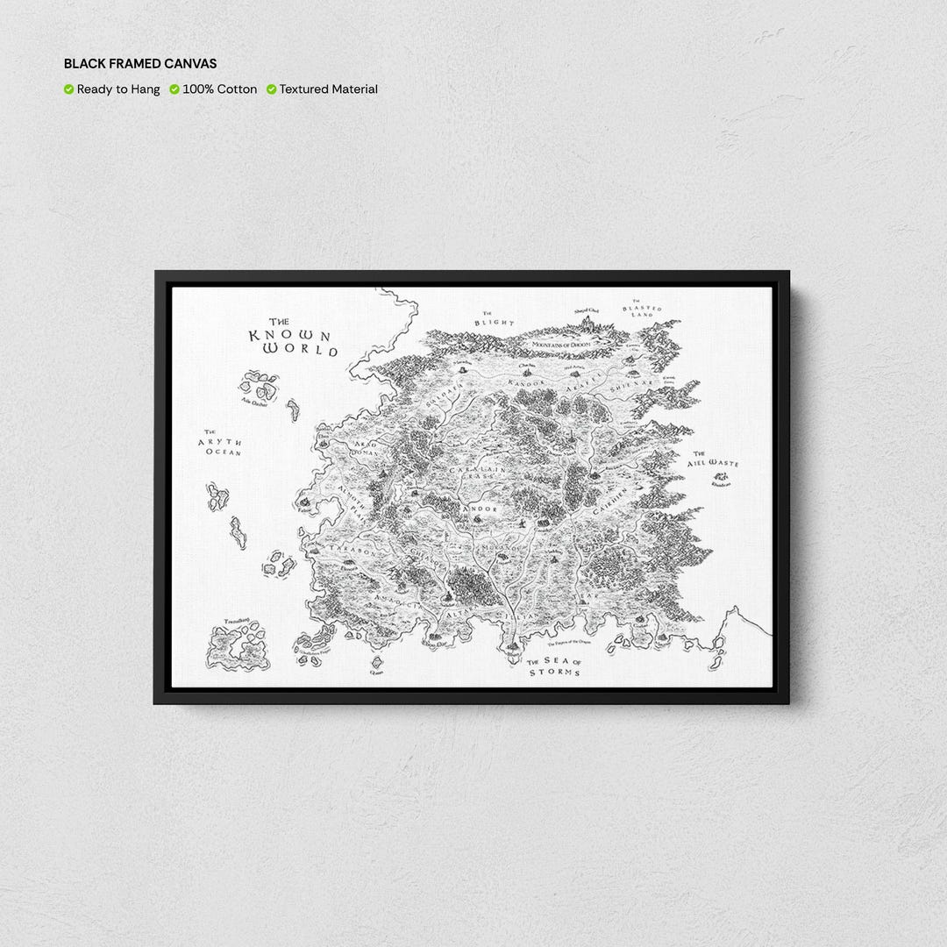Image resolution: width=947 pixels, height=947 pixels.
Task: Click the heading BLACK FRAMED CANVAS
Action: click(140, 64)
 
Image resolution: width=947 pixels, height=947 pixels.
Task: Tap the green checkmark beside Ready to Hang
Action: click(68, 89)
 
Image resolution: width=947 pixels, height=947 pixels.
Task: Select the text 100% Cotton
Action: click(220, 89)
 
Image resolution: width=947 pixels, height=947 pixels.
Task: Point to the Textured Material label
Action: click(329, 89)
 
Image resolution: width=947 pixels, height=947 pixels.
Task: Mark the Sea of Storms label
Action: click(554, 666)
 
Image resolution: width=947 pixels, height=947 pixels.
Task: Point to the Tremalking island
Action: click(238, 646)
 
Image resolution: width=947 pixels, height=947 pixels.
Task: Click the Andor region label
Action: click(481, 509)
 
